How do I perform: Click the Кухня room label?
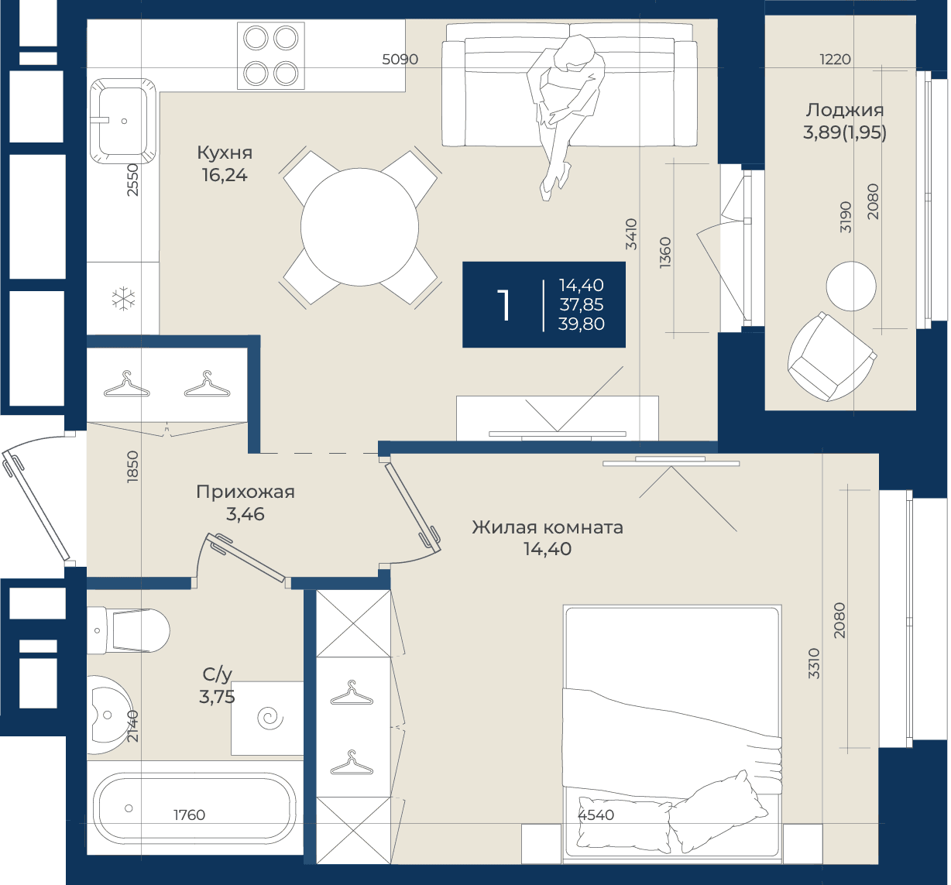pyautogui.click(x=225, y=153)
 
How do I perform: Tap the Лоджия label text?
pyautogui.click(x=845, y=110)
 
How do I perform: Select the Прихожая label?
pyautogui.click(x=245, y=492)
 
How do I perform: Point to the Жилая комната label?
pyautogui.click(x=548, y=527)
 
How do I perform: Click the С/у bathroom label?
pyautogui.click(x=218, y=674)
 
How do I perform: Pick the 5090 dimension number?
pyautogui.click(x=400, y=60)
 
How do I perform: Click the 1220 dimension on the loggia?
pyautogui.click(x=835, y=60)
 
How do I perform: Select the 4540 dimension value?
pyautogui.click(x=596, y=815)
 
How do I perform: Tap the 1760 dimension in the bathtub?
pyautogui.click(x=189, y=815)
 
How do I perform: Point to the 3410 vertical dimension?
pyautogui.click(x=632, y=234)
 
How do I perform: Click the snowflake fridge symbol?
pyautogui.click(x=124, y=299)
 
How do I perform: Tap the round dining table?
pyautogui.click(x=359, y=227)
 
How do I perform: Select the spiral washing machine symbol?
pyautogui.click(x=270, y=718)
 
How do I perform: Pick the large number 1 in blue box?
pyautogui.click(x=503, y=304)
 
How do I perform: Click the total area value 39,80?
pyautogui.click(x=582, y=324)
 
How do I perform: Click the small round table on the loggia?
pyautogui.click(x=851, y=286)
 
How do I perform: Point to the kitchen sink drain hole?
pyautogui.click(x=124, y=121)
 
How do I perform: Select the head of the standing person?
pyautogui.click(x=578, y=51)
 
